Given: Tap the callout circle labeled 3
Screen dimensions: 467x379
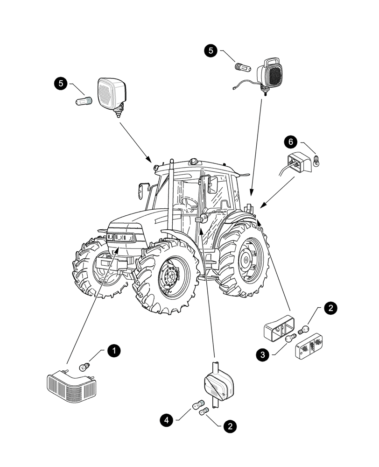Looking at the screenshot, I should pyautogui.click(x=263, y=355).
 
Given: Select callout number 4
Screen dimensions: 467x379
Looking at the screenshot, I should pyautogui.click(x=166, y=420).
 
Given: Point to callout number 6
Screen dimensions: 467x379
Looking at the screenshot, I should pyautogui.click(x=290, y=142).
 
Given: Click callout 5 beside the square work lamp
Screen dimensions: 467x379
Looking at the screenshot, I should pyautogui.click(x=60, y=84).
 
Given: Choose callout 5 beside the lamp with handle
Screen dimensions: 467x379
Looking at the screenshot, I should pyautogui.click(x=212, y=51).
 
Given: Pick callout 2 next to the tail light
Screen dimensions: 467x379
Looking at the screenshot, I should pyautogui.click(x=330, y=308).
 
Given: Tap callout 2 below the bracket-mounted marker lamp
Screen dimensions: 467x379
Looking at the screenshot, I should pyautogui.click(x=229, y=425).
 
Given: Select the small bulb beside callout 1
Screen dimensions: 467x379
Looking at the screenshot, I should pyautogui.click(x=84, y=366).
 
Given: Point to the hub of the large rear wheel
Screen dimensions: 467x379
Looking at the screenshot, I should pyautogui.click(x=245, y=259).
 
